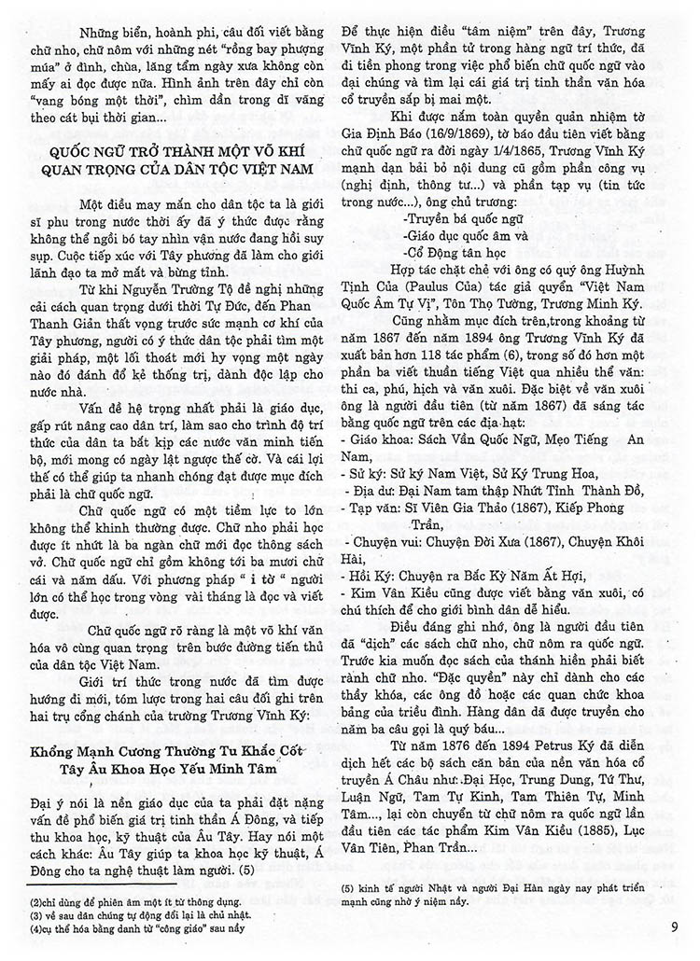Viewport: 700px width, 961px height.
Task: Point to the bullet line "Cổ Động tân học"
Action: coord(453,252)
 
